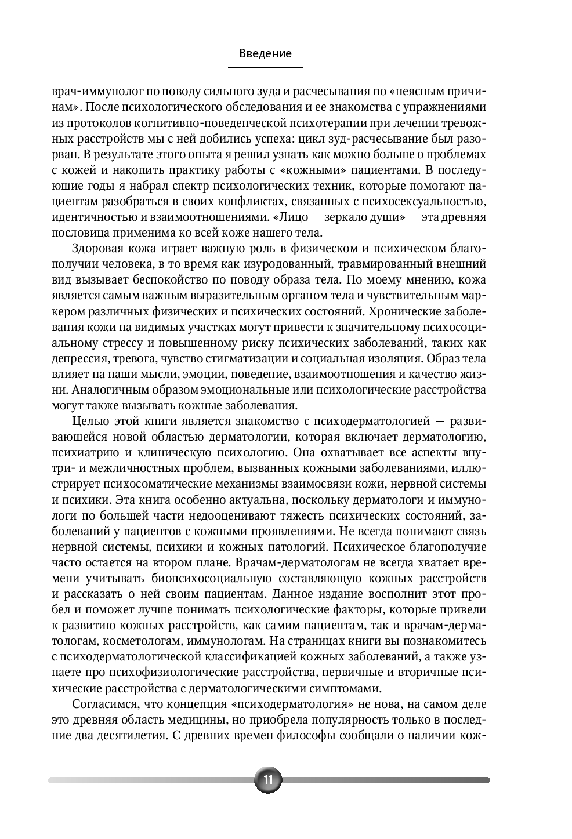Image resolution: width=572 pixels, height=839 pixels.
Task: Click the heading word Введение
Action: click(265, 53)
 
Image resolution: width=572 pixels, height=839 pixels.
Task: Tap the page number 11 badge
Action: click(268, 779)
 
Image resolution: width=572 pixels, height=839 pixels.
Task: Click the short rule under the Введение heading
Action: click(265, 68)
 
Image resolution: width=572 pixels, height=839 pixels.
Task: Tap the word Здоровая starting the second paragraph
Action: click(96, 249)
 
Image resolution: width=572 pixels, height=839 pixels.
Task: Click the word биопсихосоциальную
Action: click(211, 578)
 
